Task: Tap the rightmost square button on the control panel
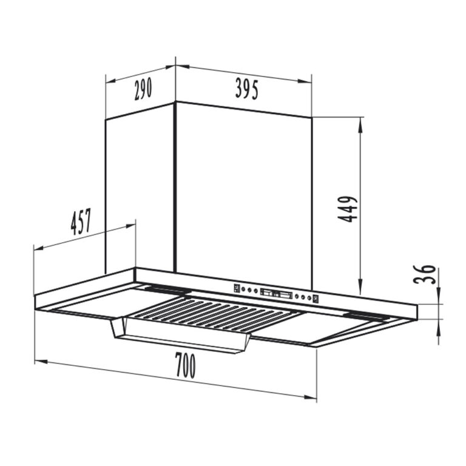(x=316, y=299)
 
